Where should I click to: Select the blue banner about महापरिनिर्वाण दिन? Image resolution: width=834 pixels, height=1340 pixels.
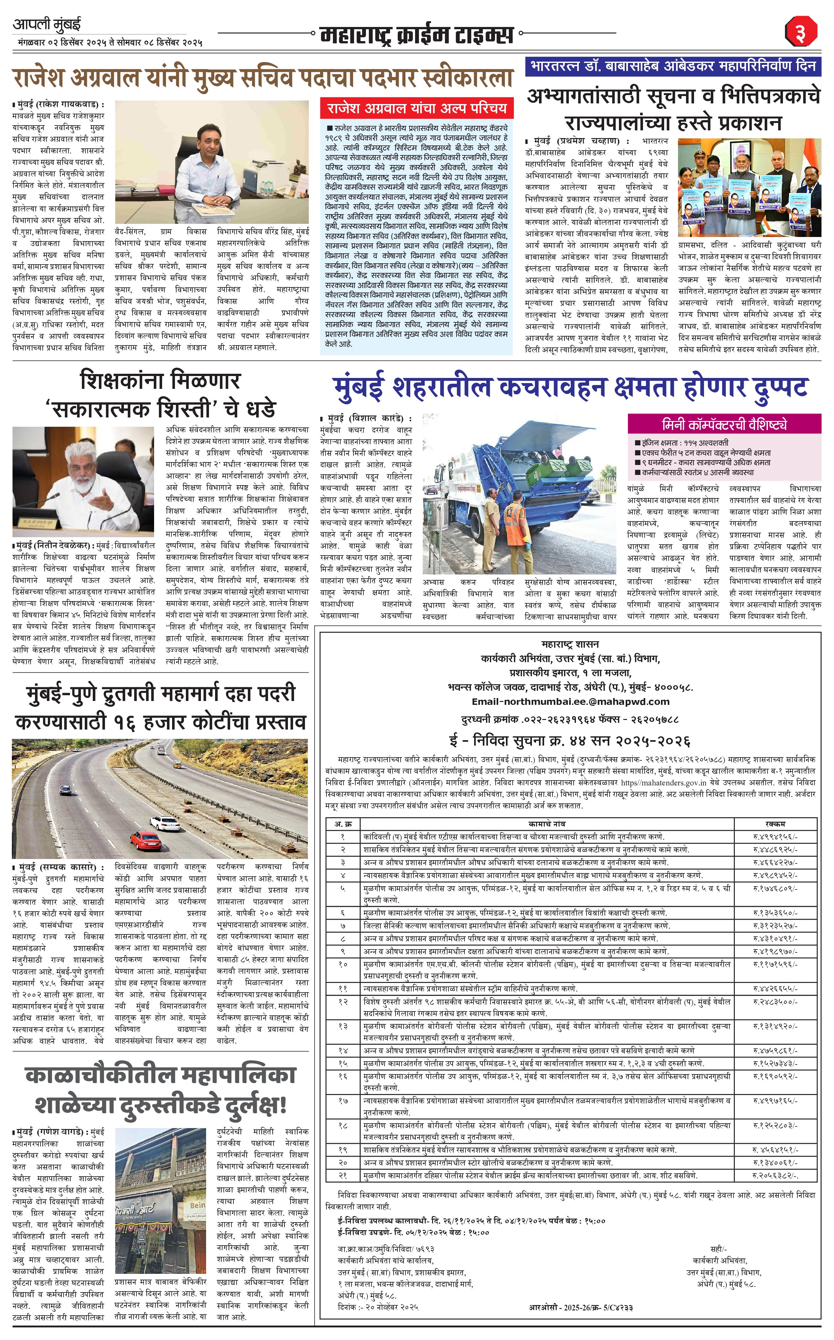(x=673, y=66)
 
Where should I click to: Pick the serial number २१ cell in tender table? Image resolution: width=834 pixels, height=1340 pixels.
(x=343, y=1176)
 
